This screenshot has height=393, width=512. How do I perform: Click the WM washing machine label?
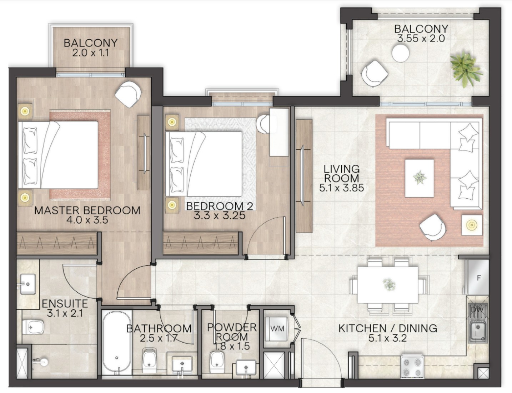coord(277,328)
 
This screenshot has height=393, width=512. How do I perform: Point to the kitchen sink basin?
coord(478,331)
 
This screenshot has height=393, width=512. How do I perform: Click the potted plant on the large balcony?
coord(467,68)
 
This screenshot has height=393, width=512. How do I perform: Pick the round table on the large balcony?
coord(401,53)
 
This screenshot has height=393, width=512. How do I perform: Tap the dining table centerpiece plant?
coord(388,284)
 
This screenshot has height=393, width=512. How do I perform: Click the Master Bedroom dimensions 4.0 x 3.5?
coord(87,220)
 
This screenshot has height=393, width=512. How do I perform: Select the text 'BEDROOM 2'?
coord(220,206)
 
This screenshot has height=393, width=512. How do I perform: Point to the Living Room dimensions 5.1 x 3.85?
coord(341,188)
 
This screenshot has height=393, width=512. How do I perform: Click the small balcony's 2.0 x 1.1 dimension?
coord(90,53)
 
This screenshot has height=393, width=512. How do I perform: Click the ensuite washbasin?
coord(27,284)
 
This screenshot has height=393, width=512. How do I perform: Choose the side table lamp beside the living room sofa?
coord(472,225)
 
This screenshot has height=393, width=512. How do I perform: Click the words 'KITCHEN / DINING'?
coord(388,328)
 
